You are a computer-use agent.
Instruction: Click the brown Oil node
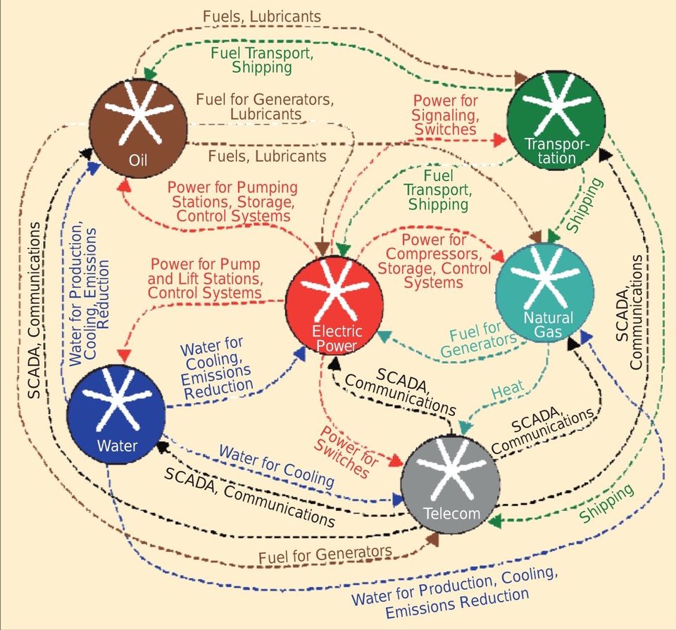coord(139,128)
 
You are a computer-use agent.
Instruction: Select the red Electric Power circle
coord(334,305)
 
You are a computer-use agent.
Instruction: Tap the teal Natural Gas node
coord(545,294)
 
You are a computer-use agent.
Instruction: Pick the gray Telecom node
coord(451,484)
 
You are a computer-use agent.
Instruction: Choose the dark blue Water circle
coord(116,414)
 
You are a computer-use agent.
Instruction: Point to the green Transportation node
coord(556,121)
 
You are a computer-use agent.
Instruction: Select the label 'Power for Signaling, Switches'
coord(445,115)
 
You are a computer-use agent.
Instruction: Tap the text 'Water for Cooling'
coord(277,466)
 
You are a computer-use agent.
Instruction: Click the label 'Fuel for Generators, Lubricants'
coord(265,106)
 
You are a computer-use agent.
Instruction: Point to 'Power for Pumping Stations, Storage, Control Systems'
coord(233,201)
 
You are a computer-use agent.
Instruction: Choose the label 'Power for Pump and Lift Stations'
coord(205,272)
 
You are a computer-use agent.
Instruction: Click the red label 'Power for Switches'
coord(346,452)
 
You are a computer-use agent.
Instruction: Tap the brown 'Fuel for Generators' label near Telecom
coord(325,554)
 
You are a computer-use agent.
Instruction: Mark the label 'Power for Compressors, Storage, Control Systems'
coord(434,261)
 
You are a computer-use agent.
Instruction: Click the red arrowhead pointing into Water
coord(124,356)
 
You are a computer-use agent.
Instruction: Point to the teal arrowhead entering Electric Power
coord(384,336)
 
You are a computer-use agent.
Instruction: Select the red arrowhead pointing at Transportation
coord(500,140)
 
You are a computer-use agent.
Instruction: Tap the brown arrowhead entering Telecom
coord(433,539)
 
